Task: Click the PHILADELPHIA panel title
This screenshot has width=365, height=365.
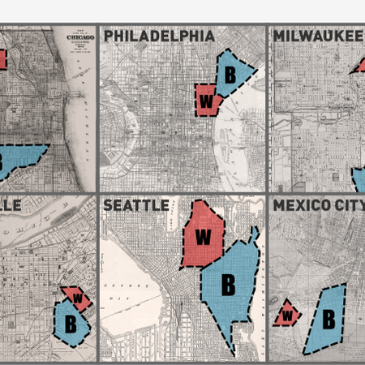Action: (x=159, y=36)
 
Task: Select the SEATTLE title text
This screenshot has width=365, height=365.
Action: (x=135, y=205)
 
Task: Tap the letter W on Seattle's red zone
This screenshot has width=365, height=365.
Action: (x=203, y=237)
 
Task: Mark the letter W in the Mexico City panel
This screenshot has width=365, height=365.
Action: (x=286, y=314)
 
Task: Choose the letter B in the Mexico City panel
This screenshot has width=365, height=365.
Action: (x=328, y=319)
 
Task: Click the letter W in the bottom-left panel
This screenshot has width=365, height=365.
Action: (x=78, y=298)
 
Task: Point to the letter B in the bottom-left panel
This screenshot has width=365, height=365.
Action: (x=71, y=323)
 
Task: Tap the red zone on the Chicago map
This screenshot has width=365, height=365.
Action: (x=2, y=59)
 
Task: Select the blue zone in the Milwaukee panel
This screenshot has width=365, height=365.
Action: (x=359, y=178)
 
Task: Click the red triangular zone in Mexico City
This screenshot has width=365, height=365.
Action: (x=286, y=314)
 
